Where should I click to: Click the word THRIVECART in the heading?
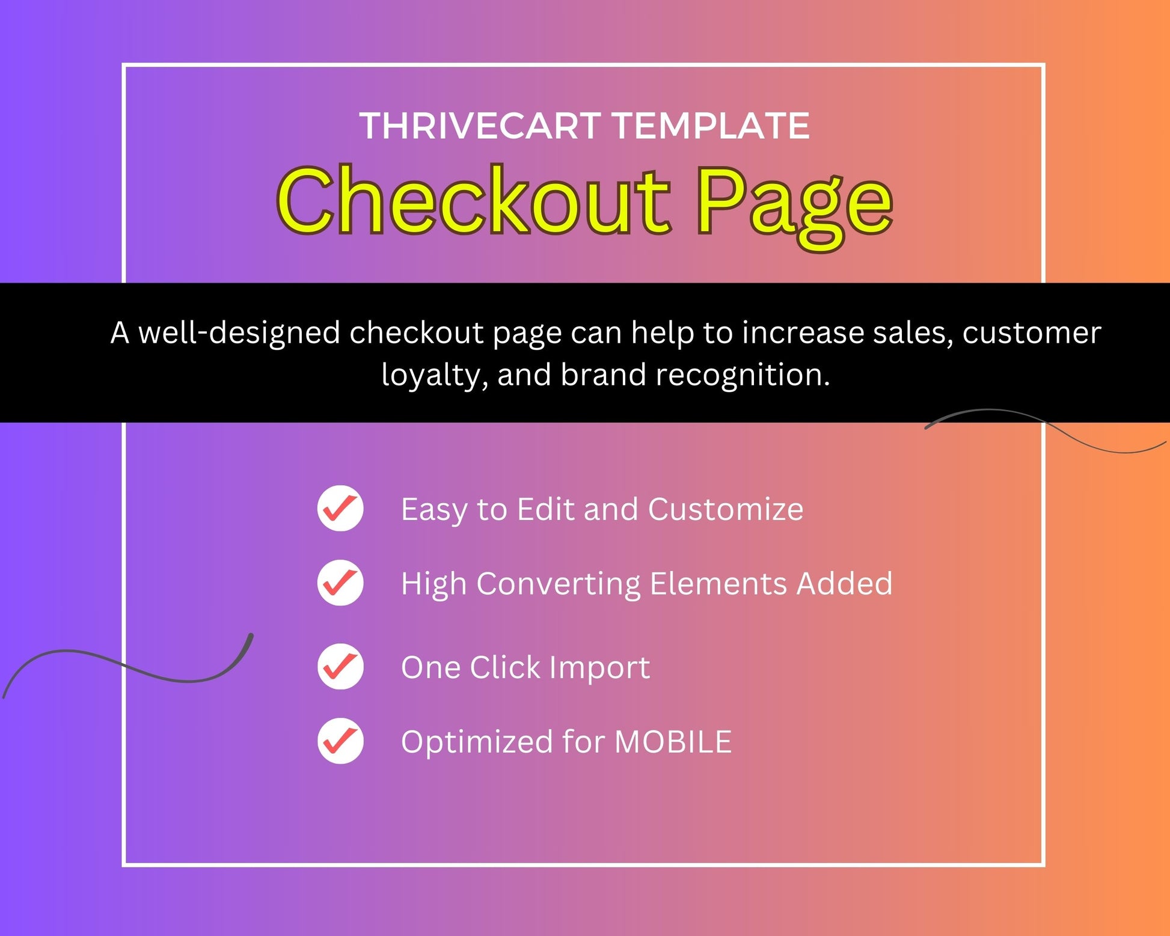pyautogui.click(x=480, y=126)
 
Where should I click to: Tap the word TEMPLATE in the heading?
pyautogui.click(x=711, y=126)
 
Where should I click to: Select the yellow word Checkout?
pyautogui.click(x=473, y=200)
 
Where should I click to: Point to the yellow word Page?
pyautogui.click(x=794, y=207)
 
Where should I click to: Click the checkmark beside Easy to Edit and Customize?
pyautogui.click(x=340, y=508)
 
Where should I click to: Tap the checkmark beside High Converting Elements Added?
pyautogui.click(x=340, y=583)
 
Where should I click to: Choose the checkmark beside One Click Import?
pyautogui.click(x=340, y=666)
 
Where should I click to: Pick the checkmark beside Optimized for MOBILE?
pyautogui.click(x=340, y=741)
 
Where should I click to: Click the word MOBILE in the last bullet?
pyautogui.click(x=673, y=741)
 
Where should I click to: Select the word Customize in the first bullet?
pyautogui.click(x=726, y=509)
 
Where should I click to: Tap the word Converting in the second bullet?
pyautogui.click(x=559, y=584)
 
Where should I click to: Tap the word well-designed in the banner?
pyautogui.click(x=239, y=334)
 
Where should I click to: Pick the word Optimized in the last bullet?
pyautogui.click(x=477, y=742)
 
